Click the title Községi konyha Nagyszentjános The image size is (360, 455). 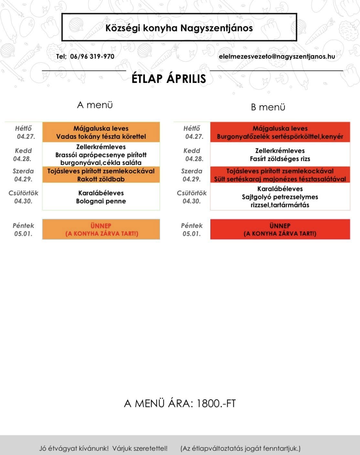point(179,28)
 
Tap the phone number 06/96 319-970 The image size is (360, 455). point(92,57)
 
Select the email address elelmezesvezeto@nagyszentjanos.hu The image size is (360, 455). point(277,57)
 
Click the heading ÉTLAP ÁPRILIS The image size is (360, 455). point(169,79)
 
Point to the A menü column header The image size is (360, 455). point(95,105)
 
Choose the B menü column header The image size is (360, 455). point(268,107)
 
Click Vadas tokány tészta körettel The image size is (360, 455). point(101,137)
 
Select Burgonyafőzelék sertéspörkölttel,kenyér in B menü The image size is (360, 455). point(280,137)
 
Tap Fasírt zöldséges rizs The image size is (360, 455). point(280,159)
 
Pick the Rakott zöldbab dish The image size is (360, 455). point(101,179)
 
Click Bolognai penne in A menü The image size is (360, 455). point(101,201)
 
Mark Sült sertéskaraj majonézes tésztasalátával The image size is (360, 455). point(280,179)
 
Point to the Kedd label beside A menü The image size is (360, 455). point(23,151)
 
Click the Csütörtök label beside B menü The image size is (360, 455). point(192,193)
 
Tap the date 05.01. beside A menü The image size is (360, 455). point(23,234)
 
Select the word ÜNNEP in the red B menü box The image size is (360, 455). point(280,226)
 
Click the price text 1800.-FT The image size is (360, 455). point(216,404)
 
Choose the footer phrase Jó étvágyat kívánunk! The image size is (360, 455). point(74,448)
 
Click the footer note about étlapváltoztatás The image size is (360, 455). point(240,448)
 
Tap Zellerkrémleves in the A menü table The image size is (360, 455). point(101,147)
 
